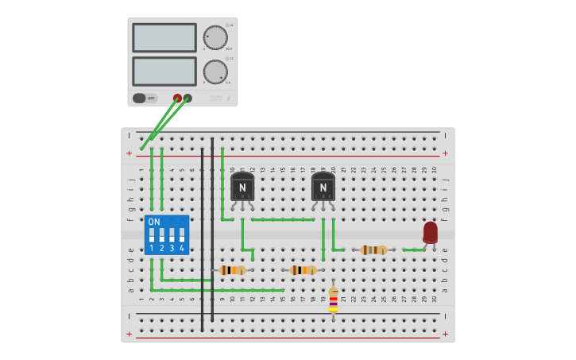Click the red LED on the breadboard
(x=430, y=232)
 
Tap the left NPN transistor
(x=242, y=187)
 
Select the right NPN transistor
(x=323, y=187)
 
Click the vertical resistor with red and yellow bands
(x=333, y=300)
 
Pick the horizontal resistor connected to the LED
(x=373, y=250)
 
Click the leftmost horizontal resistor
(x=233, y=270)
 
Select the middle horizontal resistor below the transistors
(x=303, y=270)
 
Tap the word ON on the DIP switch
(x=154, y=222)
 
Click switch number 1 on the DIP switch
(x=152, y=236)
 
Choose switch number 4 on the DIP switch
(x=182, y=236)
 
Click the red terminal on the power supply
(x=177, y=99)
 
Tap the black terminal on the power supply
(x=187, y=99)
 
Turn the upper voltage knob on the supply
(x=215, y=37)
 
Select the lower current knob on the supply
(x=215, y=72)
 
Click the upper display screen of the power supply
(x=164, y=37)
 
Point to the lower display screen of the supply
(x=164, y=72)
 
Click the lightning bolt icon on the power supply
(x=229, y=99)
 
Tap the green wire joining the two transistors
(x=283, y=219)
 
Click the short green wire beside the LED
(x=413, y=250)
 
